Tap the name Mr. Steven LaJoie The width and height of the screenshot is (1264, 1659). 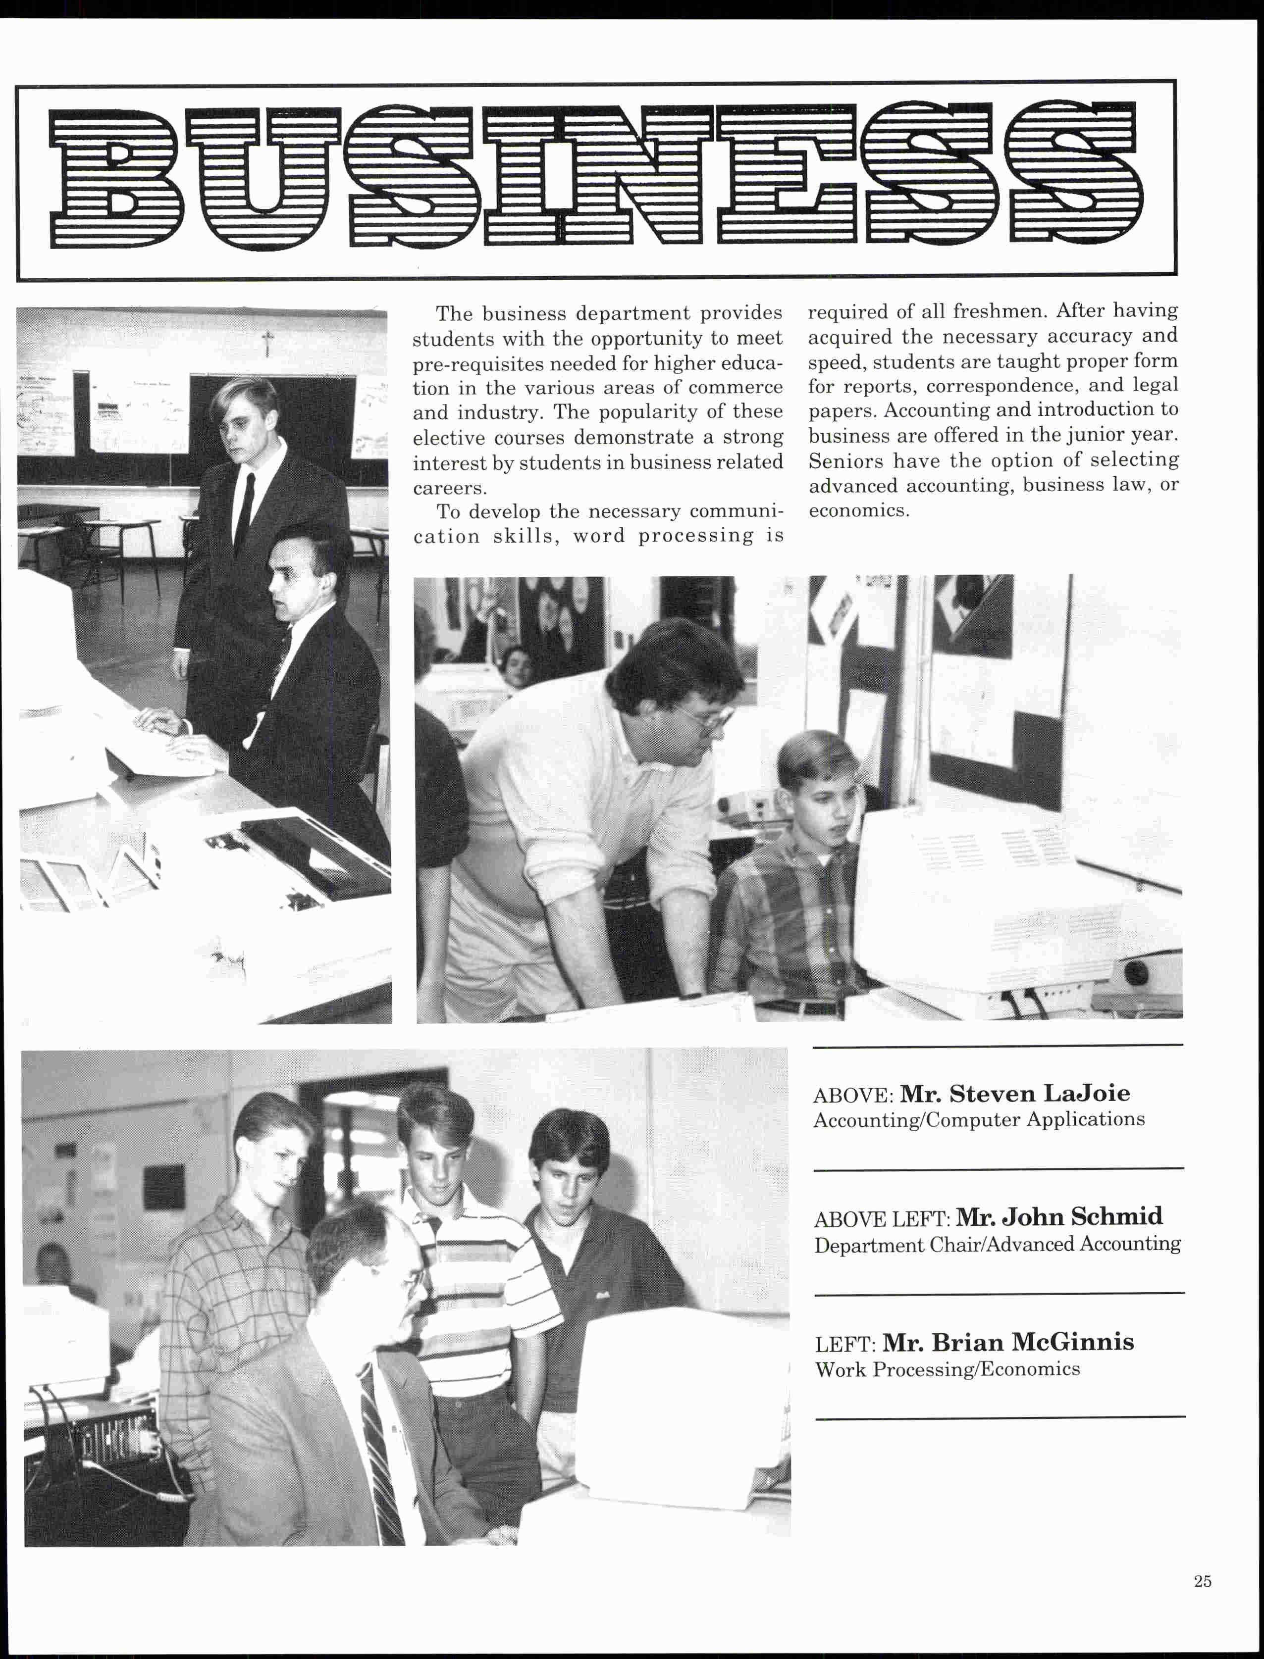(x=1014, y=1094)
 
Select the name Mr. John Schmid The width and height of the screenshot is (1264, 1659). (x=1058, y=1217)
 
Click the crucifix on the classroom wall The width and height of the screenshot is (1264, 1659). (x=266, y=345)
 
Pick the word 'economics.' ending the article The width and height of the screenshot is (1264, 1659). (x=858, y=510)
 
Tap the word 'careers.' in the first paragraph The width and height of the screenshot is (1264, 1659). (x=449, y=487)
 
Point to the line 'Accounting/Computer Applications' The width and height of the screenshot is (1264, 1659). (x=979, y=1120)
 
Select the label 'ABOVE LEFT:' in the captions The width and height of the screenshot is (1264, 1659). (x=883, y=1219)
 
